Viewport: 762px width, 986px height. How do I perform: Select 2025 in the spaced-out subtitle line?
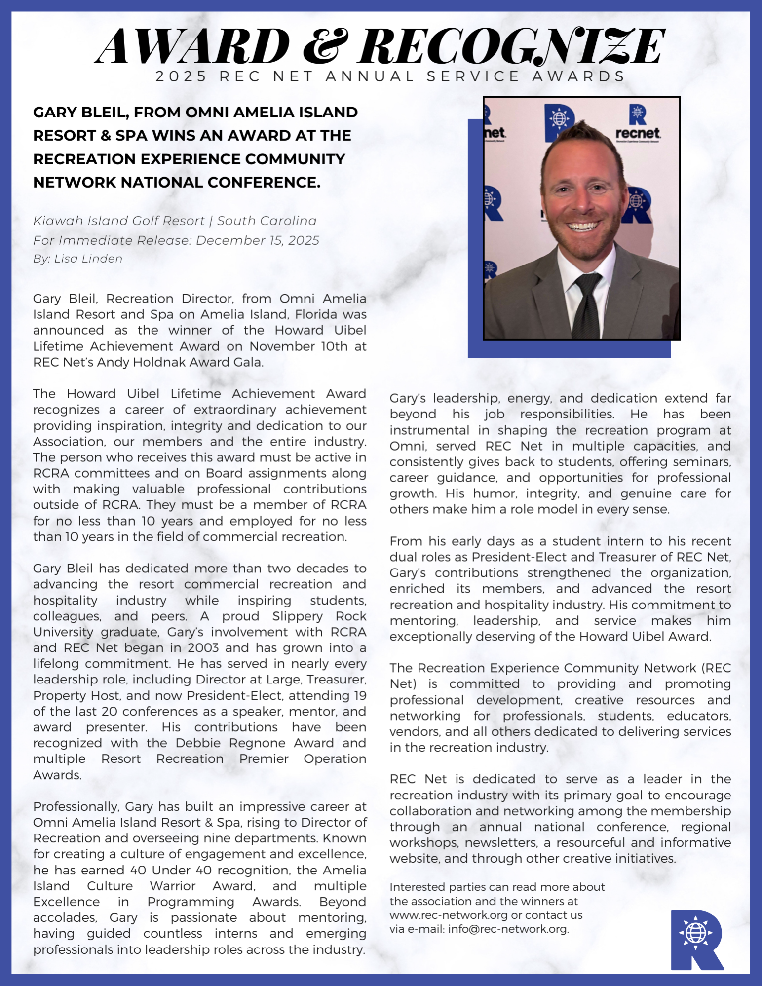pyautogui.click(x=181, y=76)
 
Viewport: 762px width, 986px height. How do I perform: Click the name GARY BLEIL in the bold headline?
pyautogui.click(x=81, y=113)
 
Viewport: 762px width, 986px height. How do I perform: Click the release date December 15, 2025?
pyautogui.click(x=258, y=240)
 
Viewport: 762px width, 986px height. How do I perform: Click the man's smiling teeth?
pyautogui.click(x=583, y=227)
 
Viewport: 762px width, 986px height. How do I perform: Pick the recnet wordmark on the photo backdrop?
pyautogui.click(x=638, y=133)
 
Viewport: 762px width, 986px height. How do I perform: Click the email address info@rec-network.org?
pyautogui.click(x=508, y=929)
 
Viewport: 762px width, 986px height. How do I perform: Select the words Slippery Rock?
pyautogui.click(x=319, y=616)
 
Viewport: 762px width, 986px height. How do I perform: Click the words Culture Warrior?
pyautogui.click(x=141, y=886)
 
